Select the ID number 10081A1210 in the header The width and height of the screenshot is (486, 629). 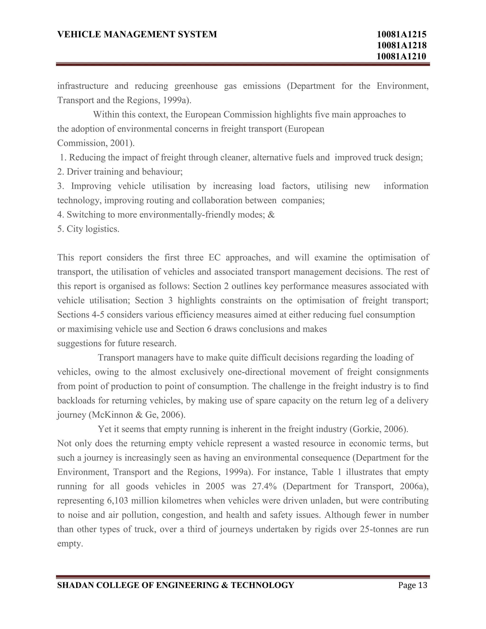coord(401,56)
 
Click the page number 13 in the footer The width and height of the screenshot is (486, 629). coord(423,585)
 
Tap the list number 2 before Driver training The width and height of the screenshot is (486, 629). coord(60,172)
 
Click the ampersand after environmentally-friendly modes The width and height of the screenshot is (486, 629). coord(271,215)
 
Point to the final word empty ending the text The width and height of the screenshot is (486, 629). coord(70,544)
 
